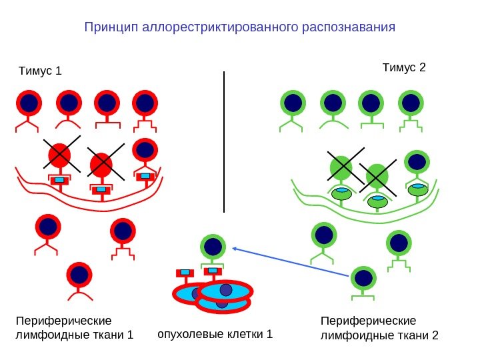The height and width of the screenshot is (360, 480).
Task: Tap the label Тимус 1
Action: coord(39,71)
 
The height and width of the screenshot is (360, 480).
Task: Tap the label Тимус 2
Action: coord(403,68)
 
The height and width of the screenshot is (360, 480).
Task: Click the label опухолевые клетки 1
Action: coord(215,333)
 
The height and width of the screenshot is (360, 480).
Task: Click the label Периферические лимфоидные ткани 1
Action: coord(74,327)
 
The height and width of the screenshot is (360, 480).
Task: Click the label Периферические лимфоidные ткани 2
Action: coord(379,327)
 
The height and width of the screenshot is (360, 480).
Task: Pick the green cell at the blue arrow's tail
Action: coord(363,278)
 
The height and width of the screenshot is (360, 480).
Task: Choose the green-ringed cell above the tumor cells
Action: coord(213,247)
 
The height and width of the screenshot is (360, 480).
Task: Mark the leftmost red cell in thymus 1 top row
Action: coord(29,103)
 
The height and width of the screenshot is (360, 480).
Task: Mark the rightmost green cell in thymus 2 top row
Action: coord(411,103)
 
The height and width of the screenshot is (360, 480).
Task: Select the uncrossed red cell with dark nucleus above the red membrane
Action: coord(145,150)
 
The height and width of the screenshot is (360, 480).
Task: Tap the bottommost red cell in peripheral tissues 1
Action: coord(79,275)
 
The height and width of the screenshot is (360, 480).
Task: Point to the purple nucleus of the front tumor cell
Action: coord(226,290)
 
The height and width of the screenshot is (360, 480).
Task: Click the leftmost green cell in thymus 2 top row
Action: coord(293,103)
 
